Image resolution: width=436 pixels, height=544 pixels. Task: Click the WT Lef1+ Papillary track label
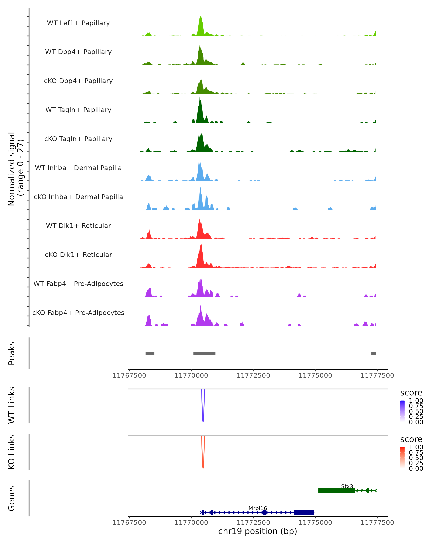pyautogui.click(x=78, y=23)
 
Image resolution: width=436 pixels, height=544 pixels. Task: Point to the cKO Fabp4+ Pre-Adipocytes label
pyautogui.click(x=78, y=313)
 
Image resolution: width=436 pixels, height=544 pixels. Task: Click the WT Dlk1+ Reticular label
pyautogui.click(x=78, y=226)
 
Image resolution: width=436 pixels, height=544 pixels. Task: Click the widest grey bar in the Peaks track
pyautogui.click(x=204, y=353)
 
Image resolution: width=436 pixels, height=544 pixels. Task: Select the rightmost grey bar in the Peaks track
pyautogui.click(x=374, y=353)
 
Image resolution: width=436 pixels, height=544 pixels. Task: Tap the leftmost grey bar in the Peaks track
pyautogui.click(x=150, y=353)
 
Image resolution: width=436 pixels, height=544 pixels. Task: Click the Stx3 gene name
pyautogui.click(x=347, y=486)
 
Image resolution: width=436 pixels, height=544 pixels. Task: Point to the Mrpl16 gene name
pyautogui.click(x=258, y=508)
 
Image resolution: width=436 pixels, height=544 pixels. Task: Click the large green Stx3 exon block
pyautogui.click(x=336, y=491)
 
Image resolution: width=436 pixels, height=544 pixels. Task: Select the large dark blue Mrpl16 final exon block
pyautogui.click(x=304, y=512)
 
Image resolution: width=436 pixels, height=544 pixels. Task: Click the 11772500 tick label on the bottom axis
pyautogui.click(x=253, y=522)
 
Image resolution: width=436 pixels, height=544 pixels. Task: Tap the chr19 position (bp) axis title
pyautogui.click(x=258, y=531)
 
